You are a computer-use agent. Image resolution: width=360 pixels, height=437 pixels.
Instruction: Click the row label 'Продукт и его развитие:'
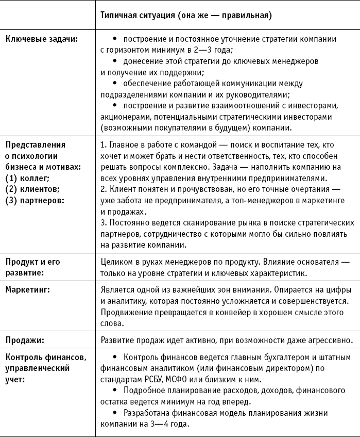pyautogui.click(x=32, y=266)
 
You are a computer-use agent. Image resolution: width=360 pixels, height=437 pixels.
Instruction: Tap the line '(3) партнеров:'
pyautogui.click(x=35, y=200)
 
